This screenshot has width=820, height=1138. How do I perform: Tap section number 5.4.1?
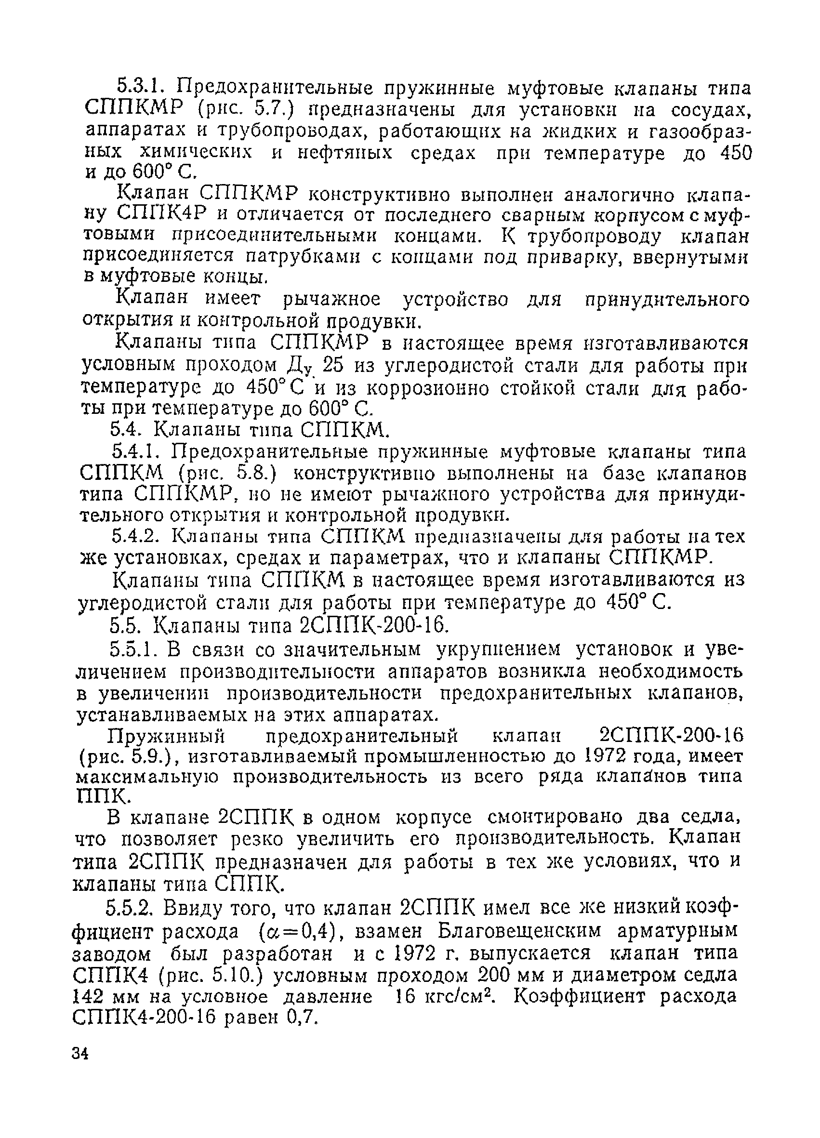(135, 452)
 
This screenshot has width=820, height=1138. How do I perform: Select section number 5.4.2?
(135, 537)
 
